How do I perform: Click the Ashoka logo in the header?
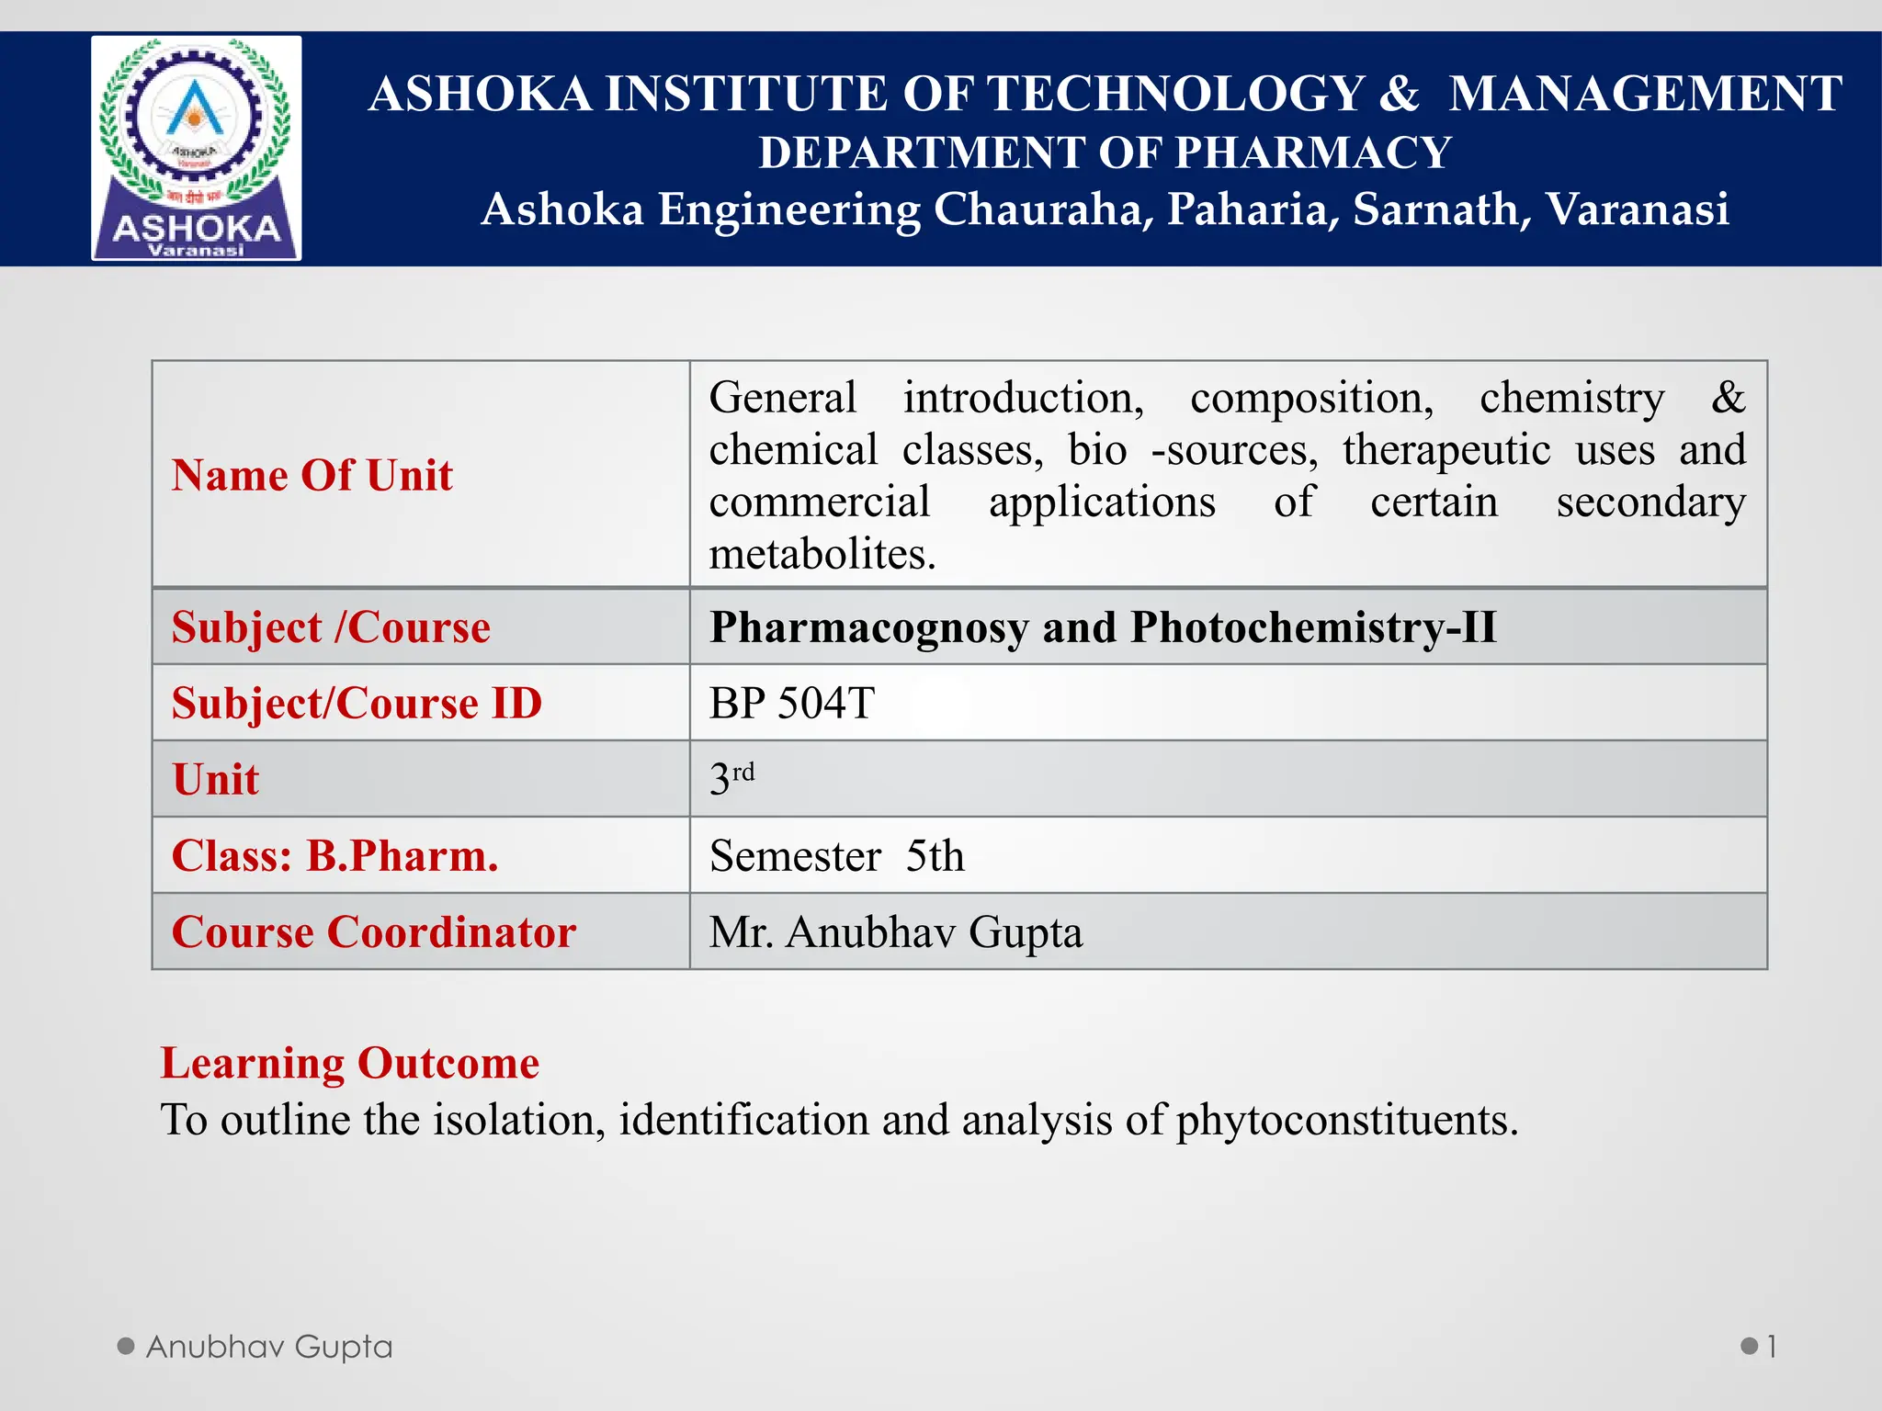(x=196, y=148)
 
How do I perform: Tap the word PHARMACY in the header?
(x=1312, y=152)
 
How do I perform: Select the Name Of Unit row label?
(x=312, y=476)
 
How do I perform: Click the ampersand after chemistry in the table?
(x=1728, y=398)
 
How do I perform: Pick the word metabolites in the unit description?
(x=822, y=555)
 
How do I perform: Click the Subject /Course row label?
(x=331, y=627)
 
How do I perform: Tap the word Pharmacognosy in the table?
(x=868, y=628)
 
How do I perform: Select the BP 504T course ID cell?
(x=792, y=704)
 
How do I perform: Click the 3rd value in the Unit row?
(x=731, y=779)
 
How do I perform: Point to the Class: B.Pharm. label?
(x=335, y=856)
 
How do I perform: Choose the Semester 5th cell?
(x=837, y=856)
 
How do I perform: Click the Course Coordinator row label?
(x=374, y=932)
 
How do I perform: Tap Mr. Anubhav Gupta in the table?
(x=896, y=932)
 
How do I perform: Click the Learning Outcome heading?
(x=350, y=1063)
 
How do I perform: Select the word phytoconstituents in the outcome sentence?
(x=1346, y=1121)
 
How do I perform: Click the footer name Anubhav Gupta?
(x=269, y=1347)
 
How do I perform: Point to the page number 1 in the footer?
(x=1771, y=1348)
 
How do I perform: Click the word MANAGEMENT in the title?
(x=1645, y=95)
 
